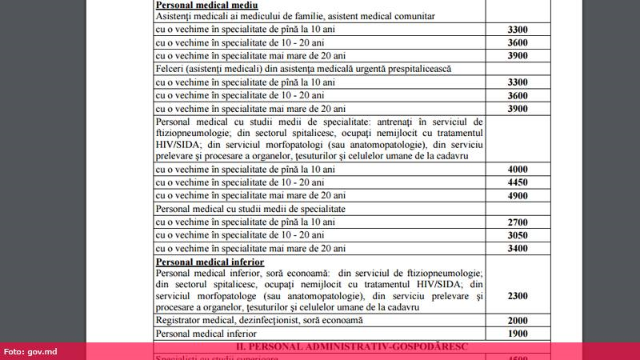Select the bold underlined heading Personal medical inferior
(210, 262)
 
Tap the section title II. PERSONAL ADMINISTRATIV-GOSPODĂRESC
(329, 347)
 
